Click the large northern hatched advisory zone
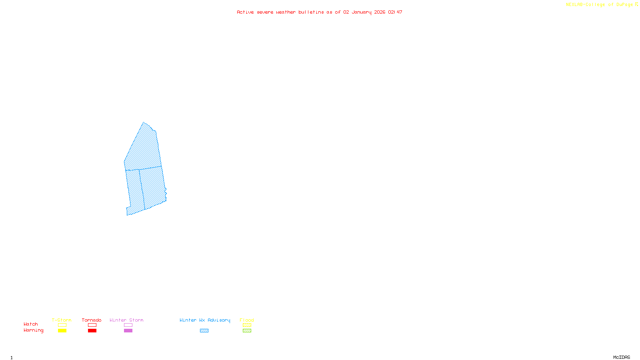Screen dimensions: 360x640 pyautogui.click(x=143, y=148)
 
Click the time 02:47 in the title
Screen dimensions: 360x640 pyautogui.click(x=395, y=12)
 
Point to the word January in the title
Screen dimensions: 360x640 pyautogui.click(x=361, y=12)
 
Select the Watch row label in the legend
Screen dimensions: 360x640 pyautogui.click(x=31, y=324)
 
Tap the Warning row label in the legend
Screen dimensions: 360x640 pyautogui.click(x=33, y=330)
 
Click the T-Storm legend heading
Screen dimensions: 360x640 pyautogui.click(x=62, y=320)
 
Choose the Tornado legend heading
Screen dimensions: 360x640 pyautogui.click(x=92, y=320)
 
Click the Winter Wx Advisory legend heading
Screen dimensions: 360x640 pyautogui.click(x=205, y=320)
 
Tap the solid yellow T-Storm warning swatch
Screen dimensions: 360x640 pyautogui.click(x=62, y=331)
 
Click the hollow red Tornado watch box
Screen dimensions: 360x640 pyautogui.click(x=92, y=325)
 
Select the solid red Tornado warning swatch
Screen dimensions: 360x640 pyautogui.click(x=92, y=331)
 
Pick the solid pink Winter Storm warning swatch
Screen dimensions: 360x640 pyautogui.click(x=128, y=331)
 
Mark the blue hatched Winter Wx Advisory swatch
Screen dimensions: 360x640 pyautogui.click(x=204, y=331)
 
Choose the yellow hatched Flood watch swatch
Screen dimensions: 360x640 pyautogui.click(x=247, y=325)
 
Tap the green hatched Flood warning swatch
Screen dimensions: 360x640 pyautogui.click(x=247, y=331)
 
